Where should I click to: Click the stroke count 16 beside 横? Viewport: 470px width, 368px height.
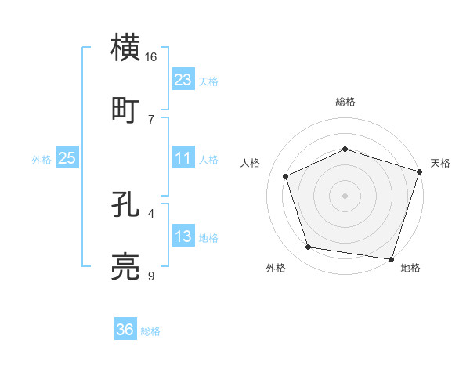click(x=151, y=57)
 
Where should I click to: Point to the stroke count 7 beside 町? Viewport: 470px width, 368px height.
click(x=151, y=119)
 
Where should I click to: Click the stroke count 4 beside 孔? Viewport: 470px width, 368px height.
click(x=151, y=213)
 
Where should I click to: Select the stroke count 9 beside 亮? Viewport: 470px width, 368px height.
click(x=151, y=276)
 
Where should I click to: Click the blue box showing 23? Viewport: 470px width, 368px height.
click(x=183, y=79)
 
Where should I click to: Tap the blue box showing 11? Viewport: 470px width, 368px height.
click(x=183, y=158)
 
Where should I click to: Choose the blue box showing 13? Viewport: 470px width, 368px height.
click(x=183, y=236)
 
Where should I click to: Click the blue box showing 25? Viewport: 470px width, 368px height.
click(x=67, y=158)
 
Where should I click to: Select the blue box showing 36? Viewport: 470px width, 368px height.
click(x=125, y=330)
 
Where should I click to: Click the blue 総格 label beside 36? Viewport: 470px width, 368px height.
click(x=150, y=331)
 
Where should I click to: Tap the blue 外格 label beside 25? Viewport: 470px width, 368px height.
click(x=42, y=159)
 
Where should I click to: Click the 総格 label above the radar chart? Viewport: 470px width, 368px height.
click(x=345, y=102)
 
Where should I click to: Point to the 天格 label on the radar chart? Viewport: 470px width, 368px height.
click(x=440, y=163)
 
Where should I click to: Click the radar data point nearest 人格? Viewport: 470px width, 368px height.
click(x=286, y=176)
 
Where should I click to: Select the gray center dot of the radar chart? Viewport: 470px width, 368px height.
click(x=345, y=195)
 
